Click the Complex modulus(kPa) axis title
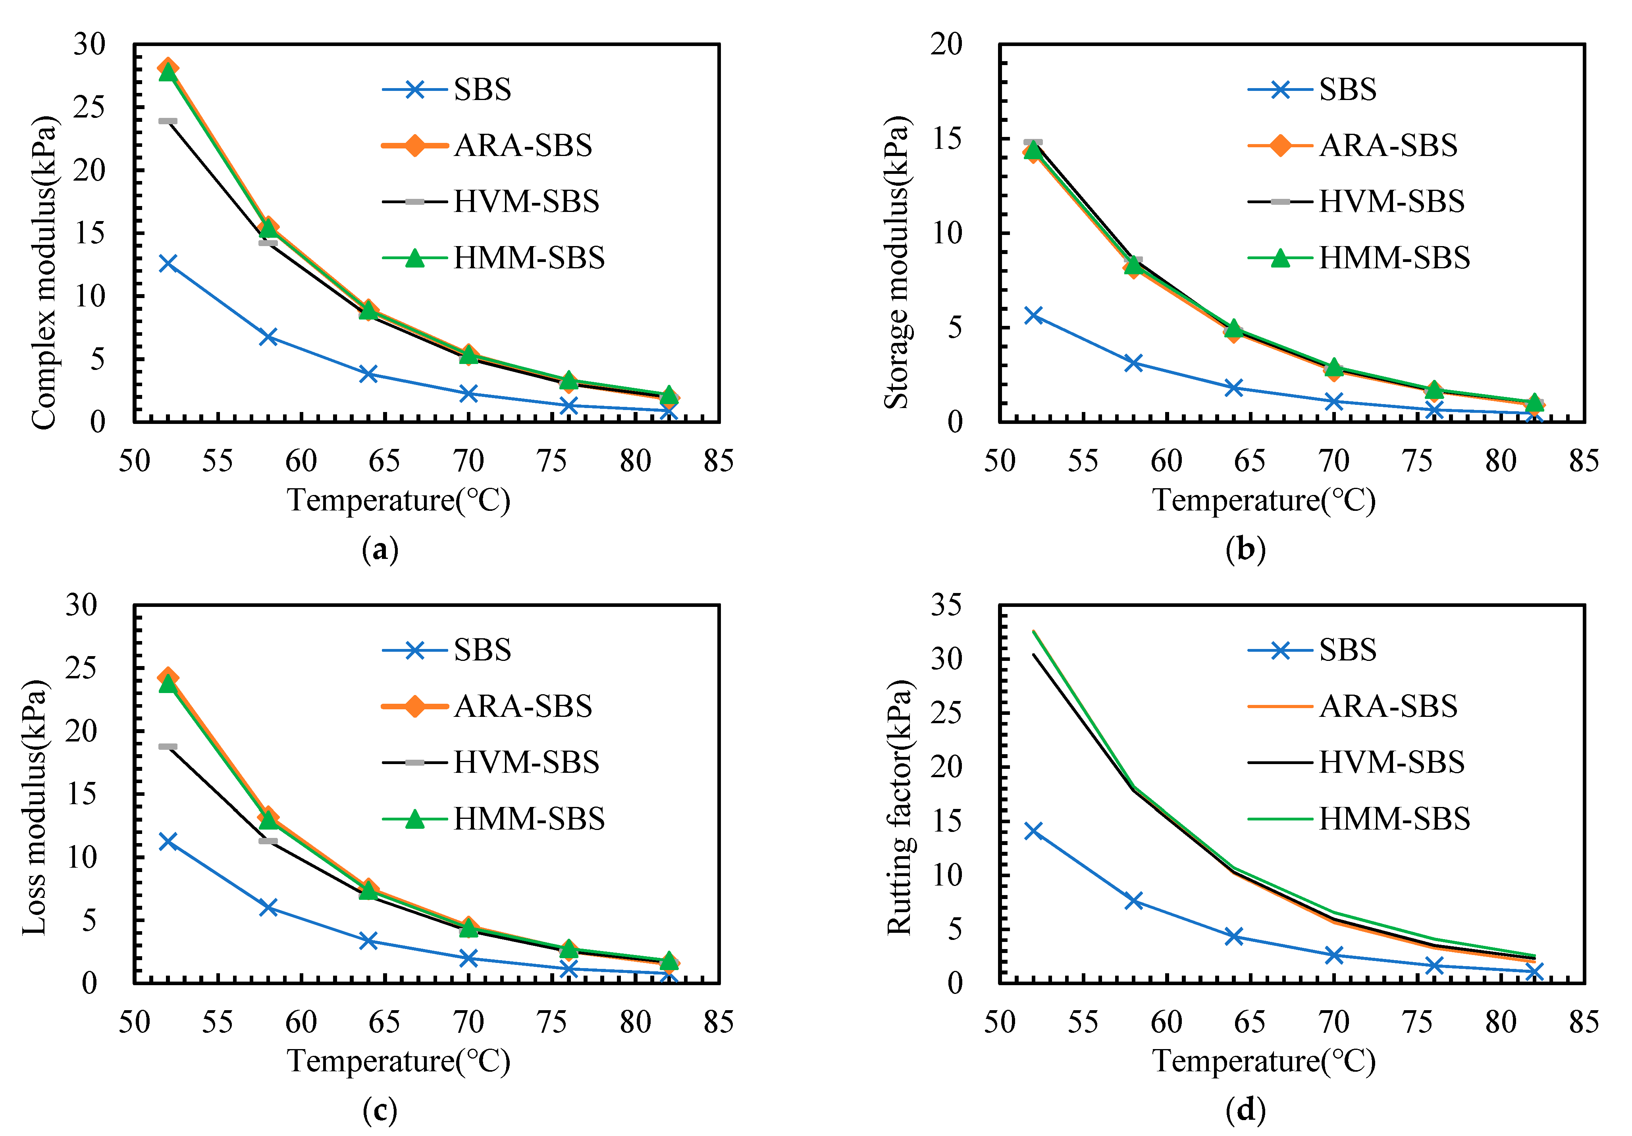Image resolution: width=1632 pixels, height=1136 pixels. (44, 272)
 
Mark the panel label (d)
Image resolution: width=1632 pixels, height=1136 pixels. (1245, 1111)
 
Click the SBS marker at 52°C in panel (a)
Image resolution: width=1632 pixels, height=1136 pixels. (168, 263)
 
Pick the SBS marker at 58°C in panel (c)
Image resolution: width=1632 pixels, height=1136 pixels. (268, 907)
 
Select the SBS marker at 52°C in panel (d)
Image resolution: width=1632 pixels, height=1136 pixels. (1033, 830)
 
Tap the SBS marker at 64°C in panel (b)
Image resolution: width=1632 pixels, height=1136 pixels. (1234, 387)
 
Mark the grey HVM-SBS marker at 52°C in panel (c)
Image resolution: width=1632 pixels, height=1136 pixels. (168, 747)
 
